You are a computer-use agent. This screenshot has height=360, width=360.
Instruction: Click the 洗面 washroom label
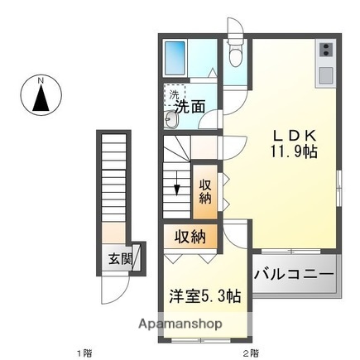click(x=189, y=106)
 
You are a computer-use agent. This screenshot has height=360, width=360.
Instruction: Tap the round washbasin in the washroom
click(x=170, y=121)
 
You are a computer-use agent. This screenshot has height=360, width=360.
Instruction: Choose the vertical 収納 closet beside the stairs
click(x=204, y=191)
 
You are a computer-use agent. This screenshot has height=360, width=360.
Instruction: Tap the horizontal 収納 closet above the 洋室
click(x=190, y=237)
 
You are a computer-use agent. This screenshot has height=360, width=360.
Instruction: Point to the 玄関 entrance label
click(x=119, y=258)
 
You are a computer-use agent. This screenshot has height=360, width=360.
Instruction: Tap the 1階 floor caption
click(x=85, y=353)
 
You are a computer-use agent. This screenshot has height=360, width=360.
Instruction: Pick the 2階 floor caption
click(x=250, y=353)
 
